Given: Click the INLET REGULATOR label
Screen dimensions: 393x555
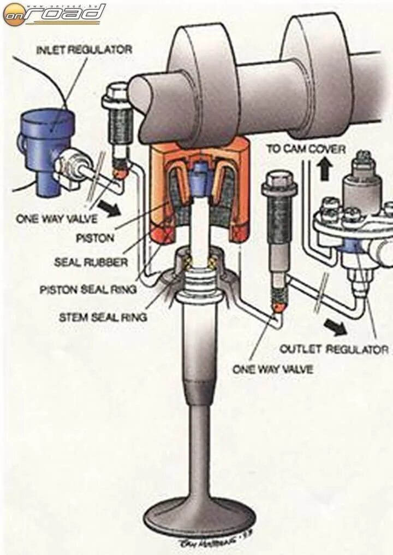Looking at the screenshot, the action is point(84,50).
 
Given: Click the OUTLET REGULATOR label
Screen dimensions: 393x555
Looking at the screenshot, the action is point(334,349).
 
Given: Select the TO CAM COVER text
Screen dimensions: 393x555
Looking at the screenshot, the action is point(306,149).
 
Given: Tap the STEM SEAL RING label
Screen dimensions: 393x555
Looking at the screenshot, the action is point(103,316).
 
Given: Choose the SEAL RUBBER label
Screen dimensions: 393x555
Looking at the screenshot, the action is point(91,262).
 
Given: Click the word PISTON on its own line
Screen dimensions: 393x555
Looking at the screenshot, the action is point(96,238).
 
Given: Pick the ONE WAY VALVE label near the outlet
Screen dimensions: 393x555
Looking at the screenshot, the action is point(273,370).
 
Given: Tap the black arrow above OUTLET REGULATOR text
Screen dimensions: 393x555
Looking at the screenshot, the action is point(334,327).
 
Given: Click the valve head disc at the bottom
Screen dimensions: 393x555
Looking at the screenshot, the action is point(200,516).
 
